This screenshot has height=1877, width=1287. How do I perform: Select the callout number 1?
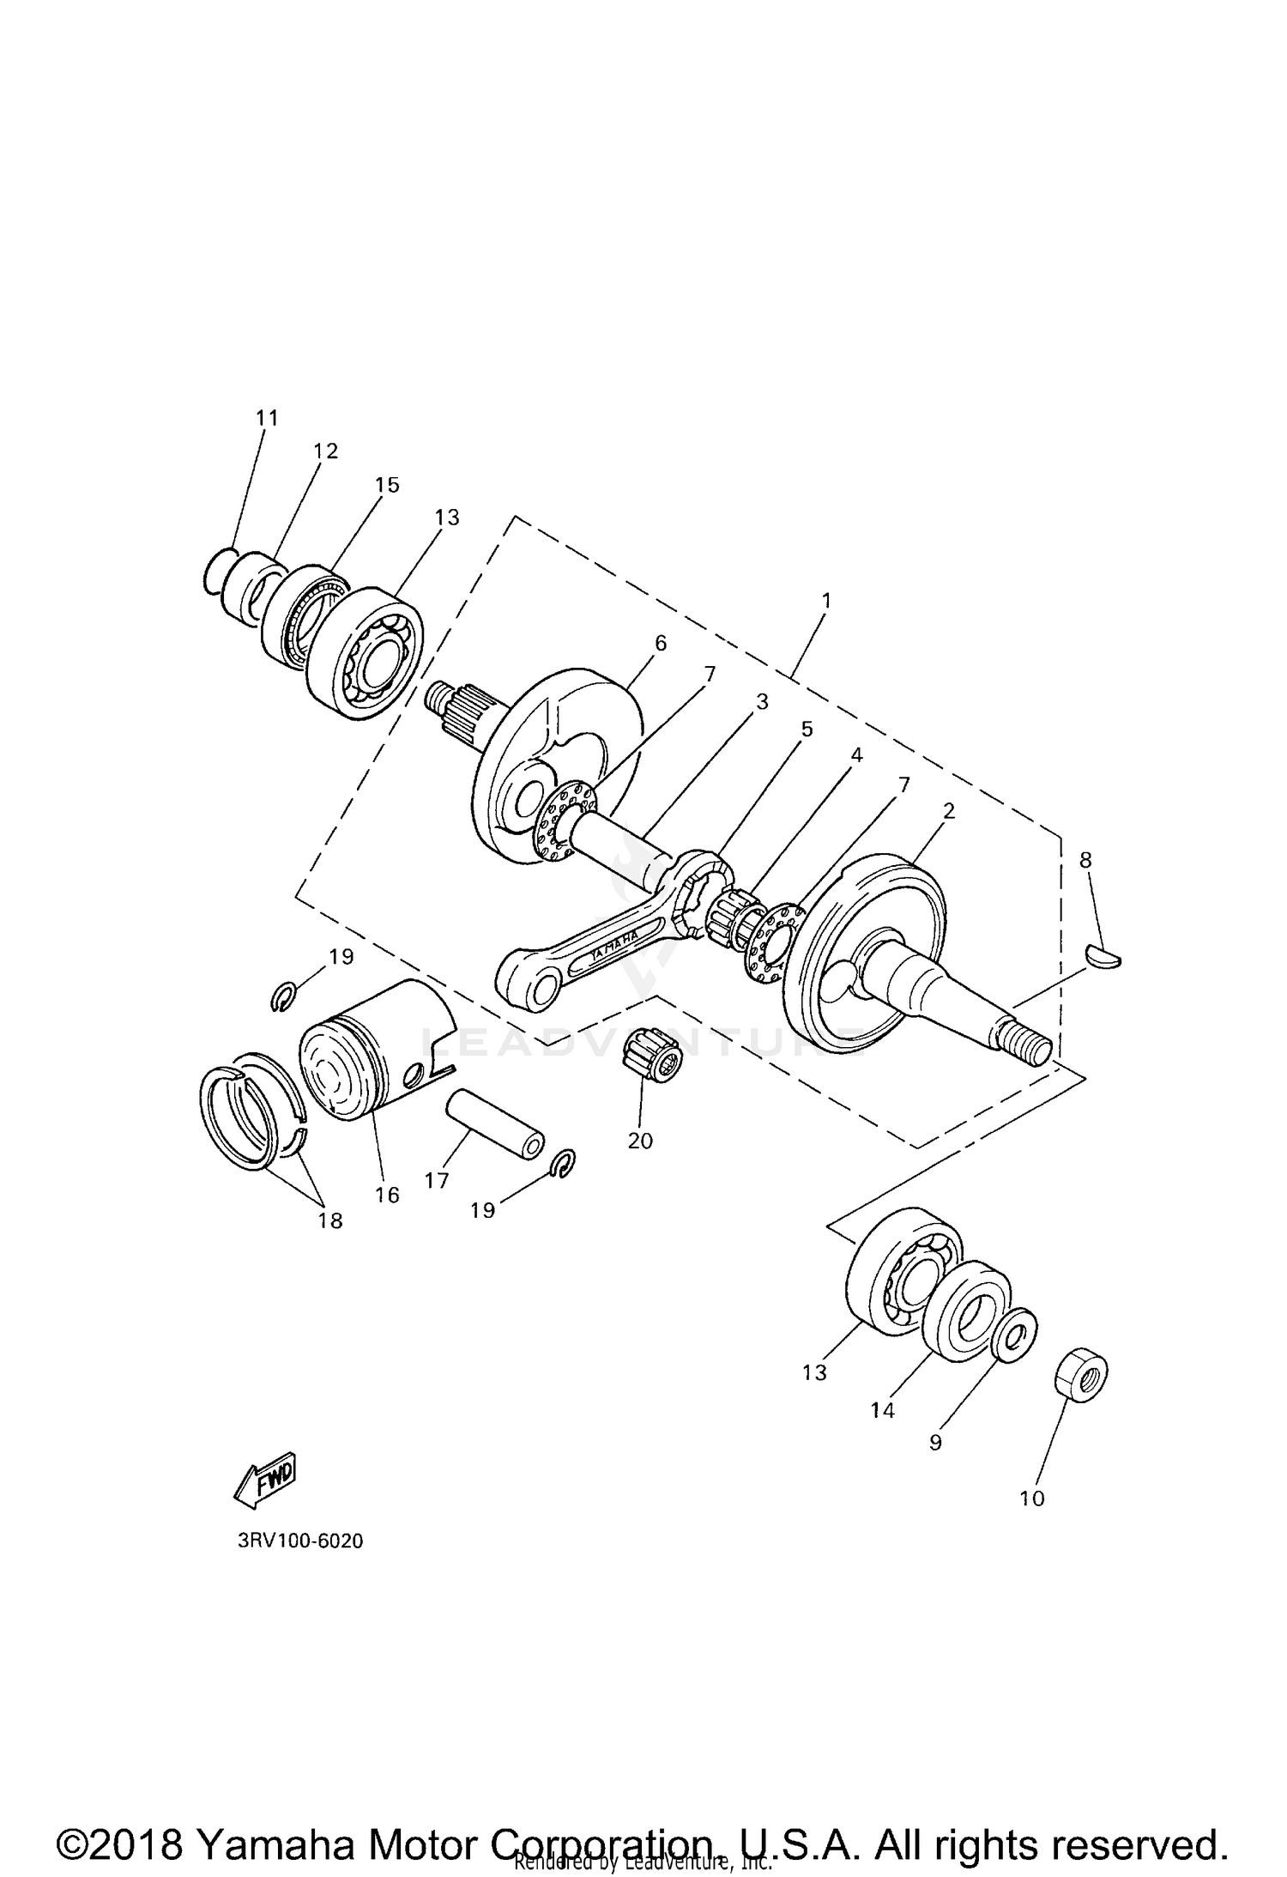click(825, 601)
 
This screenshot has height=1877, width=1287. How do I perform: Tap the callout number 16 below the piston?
click(387, 1195)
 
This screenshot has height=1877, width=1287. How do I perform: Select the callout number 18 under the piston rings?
click(330, 1220)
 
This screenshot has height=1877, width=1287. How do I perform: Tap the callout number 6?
click(660, 643)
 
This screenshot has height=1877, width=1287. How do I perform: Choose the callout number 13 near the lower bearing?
click(814, 1372)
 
